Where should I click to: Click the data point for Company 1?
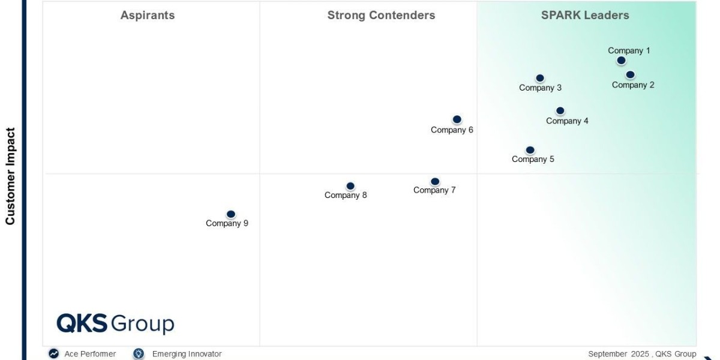tap(621, 61)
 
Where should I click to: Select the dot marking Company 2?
tap(630, 75)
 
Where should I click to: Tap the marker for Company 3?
tap(540, 78)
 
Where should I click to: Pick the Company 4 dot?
tap(560, 111)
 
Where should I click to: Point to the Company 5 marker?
tap(530, 150)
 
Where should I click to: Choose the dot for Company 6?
tap(457, 119)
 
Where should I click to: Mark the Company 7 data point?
tap(435, 182)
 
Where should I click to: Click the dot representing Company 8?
tap(350, 187)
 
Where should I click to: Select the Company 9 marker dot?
tap(231, 214)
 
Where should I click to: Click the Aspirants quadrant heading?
tap(148, 16)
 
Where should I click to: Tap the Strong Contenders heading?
tap(381, 16)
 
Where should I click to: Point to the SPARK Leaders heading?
tap(585, 16)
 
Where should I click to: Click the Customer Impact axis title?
tap(10, 176)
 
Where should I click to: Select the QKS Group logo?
tap(115, 324)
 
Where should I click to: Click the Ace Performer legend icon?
tap(54, 354)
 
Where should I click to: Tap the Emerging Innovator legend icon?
tap(139, 354)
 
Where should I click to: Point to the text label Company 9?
tap(227, 223)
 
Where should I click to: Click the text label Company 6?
tap(452, 130)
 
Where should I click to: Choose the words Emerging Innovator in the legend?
tap(187, 354)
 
